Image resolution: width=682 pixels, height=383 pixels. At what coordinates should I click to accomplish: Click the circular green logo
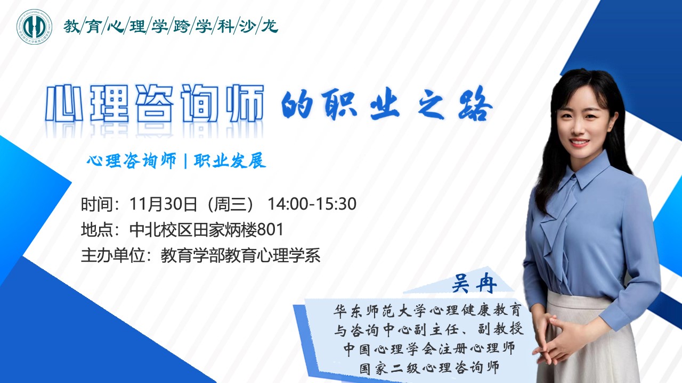pos(34,27)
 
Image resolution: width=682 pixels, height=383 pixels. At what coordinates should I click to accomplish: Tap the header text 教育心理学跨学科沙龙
pos(171,27)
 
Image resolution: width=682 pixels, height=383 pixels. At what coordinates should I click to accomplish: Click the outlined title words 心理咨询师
pos(155,103)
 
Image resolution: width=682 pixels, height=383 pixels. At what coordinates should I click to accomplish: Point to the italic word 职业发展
pos(230,161)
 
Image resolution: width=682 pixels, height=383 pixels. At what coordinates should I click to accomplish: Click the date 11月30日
pos(163,204)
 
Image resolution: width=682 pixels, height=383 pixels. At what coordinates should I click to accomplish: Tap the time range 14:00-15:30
pos(312,204)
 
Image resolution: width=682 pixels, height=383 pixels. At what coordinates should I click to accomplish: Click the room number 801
pos(270,229)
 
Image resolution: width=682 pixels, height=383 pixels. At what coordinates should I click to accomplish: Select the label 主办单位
pos(112,255)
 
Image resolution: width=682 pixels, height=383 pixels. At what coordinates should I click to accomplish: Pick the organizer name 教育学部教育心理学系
pos(240,255)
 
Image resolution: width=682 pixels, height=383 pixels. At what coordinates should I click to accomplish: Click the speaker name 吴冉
pos(474,284)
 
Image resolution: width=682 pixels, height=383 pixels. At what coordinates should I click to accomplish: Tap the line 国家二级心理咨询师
pos(429,368)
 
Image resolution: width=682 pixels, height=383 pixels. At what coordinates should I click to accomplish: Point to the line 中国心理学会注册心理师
pos(429,348)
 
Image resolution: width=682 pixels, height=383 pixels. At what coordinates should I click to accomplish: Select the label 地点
pos(97,229)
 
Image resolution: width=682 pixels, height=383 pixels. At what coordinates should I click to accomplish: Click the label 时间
pos(97,204)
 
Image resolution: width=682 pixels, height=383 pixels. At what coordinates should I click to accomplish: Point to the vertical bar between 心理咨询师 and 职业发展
pos(185,161)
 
